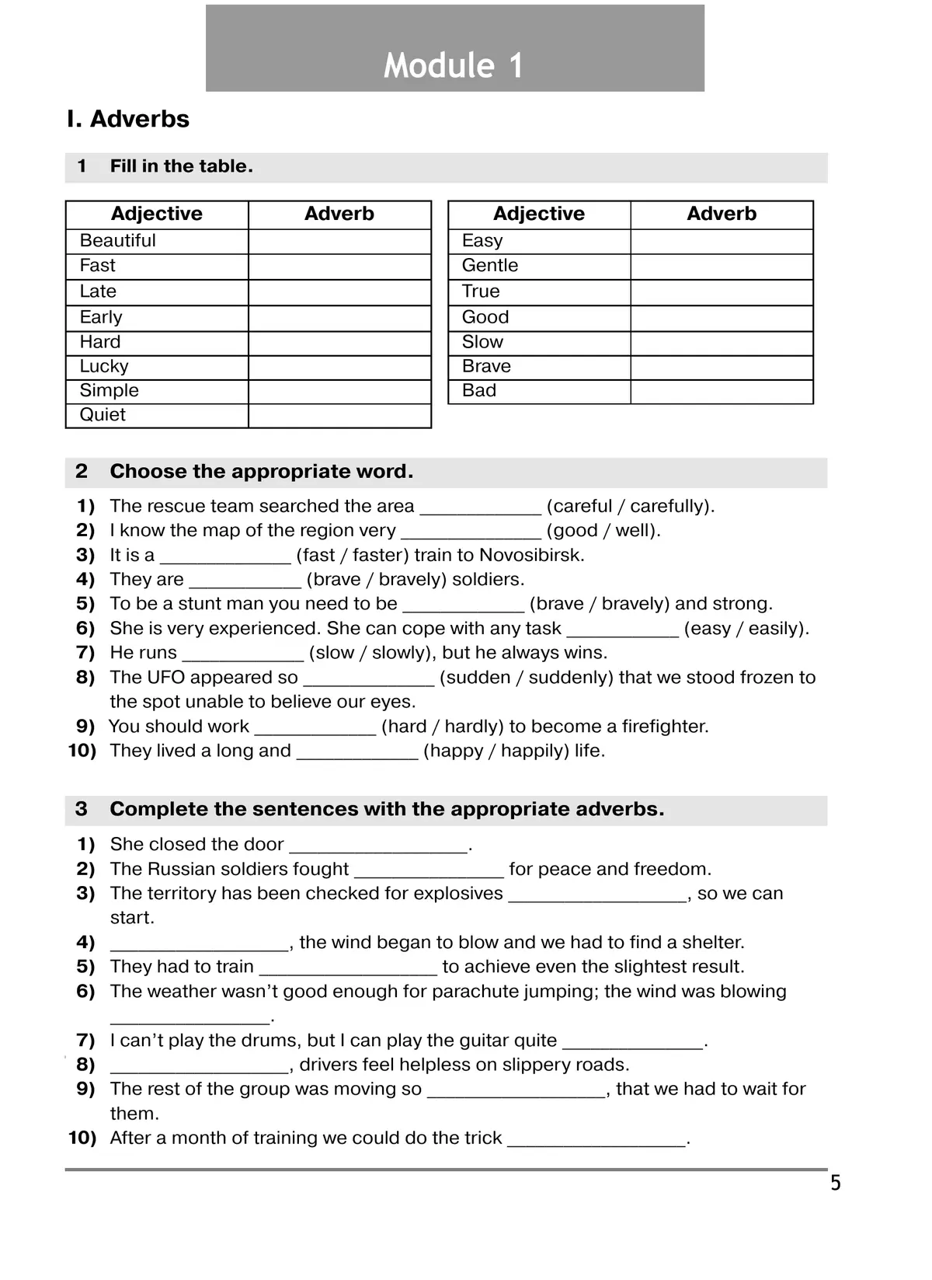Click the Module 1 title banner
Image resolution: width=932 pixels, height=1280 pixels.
[454, 49]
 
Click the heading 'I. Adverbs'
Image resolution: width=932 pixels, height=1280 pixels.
[128, 119]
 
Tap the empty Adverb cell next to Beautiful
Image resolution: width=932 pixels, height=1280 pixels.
[339, 241]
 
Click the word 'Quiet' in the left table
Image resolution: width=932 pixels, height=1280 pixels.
[103, 415]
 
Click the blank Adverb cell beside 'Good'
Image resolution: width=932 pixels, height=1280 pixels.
[722, 317]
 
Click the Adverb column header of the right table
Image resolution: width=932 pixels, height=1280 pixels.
[722, 214]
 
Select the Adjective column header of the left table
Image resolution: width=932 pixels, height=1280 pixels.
[157, 214]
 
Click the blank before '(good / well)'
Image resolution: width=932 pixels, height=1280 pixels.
[471, 532]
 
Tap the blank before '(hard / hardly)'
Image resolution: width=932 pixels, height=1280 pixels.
[315, 728]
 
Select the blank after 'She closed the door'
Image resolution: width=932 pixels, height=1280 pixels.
[378, 846]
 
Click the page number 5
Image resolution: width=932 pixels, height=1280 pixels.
[836, 1184]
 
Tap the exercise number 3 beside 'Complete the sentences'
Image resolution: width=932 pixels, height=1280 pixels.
[82, 810]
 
